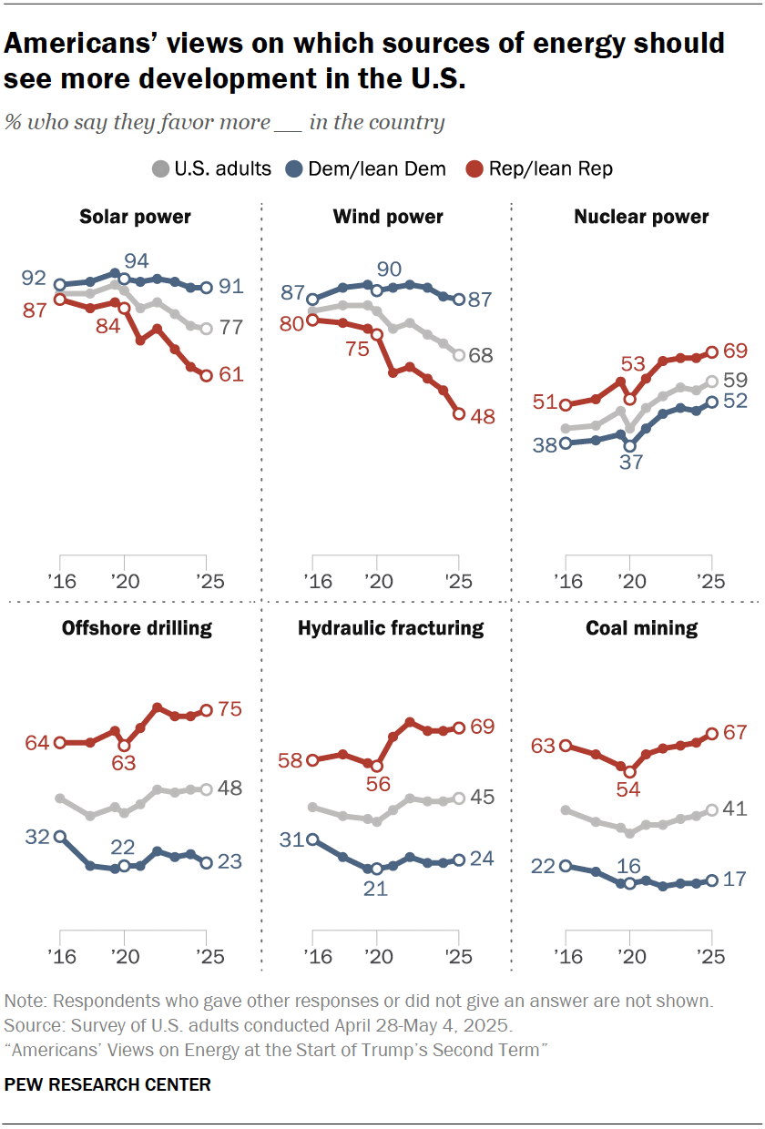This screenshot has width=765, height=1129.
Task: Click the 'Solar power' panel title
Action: pos(135,217)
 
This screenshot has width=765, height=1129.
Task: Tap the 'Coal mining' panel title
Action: pos(642,628)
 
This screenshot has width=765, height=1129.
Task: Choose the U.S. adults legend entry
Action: pos(211,168)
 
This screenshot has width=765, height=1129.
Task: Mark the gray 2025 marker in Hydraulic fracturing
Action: pos(459,798)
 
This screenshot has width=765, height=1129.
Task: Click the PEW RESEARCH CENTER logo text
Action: pos(107,1084)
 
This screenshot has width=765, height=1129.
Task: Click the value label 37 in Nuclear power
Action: pos(629,463)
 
